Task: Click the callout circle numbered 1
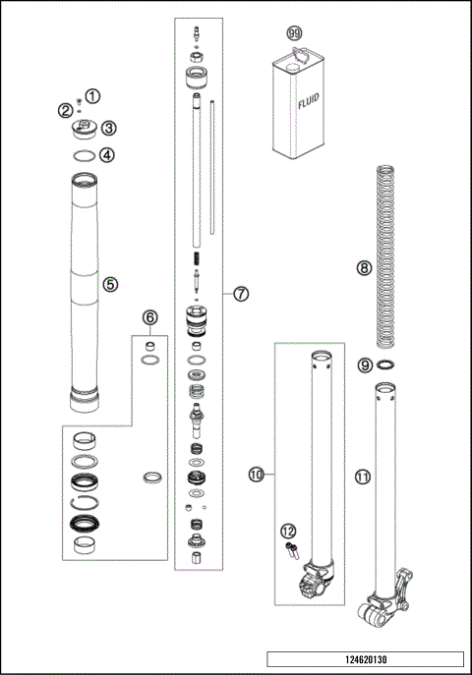point(92,95)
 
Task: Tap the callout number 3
point(109,127)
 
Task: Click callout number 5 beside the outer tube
point(110,284)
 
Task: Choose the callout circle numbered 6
point(149,317)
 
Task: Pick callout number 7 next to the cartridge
point(241,294)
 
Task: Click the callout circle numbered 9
point(364,365)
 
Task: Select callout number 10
point(257,475)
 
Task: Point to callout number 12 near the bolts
point(289,532)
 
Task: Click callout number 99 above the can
point(293,33)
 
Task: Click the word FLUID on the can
point(304,100)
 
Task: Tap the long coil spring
point(385,255)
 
